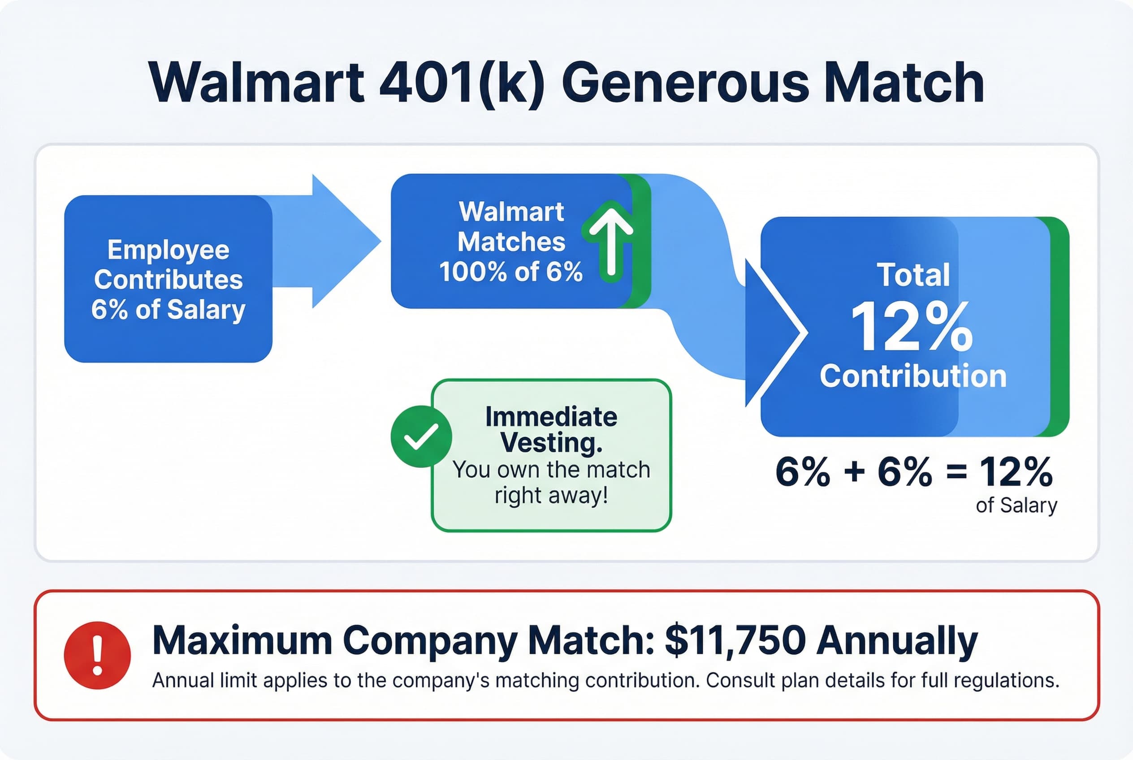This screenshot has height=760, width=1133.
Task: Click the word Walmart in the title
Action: pos(257,82)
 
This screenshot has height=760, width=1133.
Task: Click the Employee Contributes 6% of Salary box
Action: pos(168,279)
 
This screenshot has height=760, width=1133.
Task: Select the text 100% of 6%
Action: pos(510,272)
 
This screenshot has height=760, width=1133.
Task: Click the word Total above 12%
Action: pos(913,275)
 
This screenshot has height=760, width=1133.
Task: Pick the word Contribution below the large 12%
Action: pos(913,376)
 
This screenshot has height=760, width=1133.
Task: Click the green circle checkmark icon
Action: pos(421,436)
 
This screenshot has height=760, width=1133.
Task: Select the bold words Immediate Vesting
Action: pos(551,429)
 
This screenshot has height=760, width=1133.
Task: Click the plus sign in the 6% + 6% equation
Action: pos(854,471)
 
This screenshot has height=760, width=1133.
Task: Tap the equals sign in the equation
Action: pos(956,471)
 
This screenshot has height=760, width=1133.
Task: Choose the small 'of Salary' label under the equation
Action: pos(1016,505)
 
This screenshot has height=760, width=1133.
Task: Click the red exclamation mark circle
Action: pos(97,655)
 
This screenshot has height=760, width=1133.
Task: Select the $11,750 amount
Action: pos(735,641)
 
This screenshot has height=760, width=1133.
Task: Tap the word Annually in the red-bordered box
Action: pos(897,641)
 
